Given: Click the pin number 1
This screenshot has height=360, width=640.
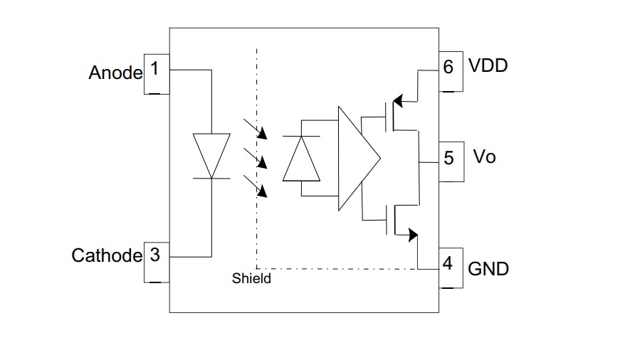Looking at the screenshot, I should [154, 70].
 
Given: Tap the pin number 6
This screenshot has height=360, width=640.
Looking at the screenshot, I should [448, 67].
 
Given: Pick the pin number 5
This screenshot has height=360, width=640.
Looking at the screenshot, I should [448, 157].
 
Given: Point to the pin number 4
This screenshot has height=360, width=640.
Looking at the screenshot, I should [447, 264].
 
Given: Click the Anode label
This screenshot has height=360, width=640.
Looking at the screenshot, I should [115, 73].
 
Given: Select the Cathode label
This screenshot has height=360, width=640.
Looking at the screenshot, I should [107, 256].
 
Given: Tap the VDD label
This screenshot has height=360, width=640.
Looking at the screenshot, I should [488, 66].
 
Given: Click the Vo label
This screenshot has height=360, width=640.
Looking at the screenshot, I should [484, 157].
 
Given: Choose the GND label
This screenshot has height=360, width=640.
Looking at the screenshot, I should [488, 269].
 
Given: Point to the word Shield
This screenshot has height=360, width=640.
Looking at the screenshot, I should [251, 279].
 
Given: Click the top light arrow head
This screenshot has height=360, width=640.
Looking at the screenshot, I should [263, 134].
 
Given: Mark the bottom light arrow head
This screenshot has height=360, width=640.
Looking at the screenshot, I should [263, 191].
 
